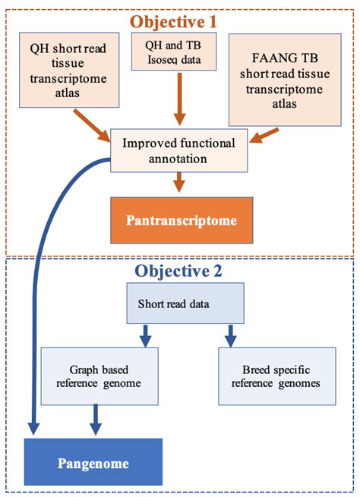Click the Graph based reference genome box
point(99,375)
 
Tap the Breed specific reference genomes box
point(276,375)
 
